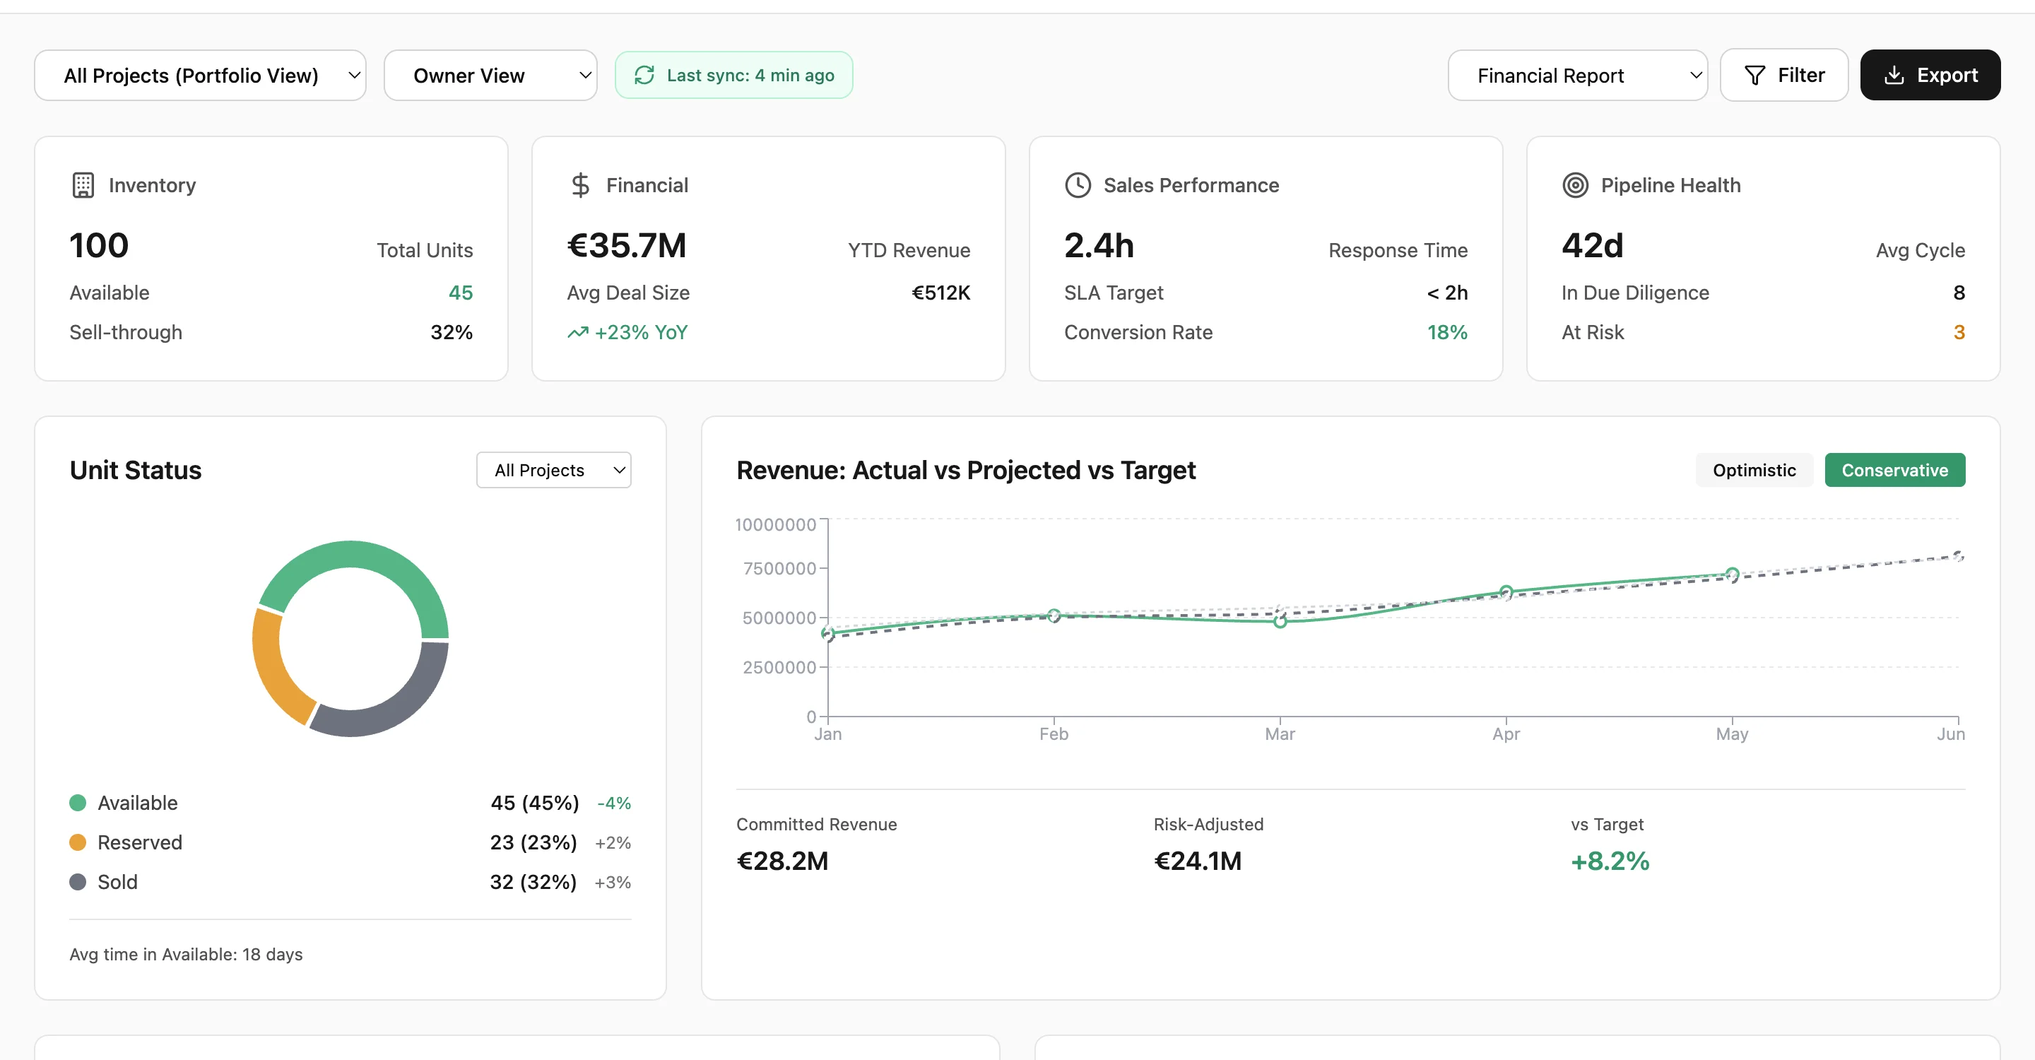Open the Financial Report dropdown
1577,75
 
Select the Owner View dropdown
490,75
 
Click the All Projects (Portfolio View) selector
200,75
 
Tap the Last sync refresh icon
644,75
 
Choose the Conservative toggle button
1894,470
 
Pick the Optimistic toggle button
1753,470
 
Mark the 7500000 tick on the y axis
779,568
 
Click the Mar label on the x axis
1279,734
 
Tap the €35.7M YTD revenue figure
627,246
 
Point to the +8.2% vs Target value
1609,860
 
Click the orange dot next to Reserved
78,842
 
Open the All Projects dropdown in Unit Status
553,470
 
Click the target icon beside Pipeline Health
1574,185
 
